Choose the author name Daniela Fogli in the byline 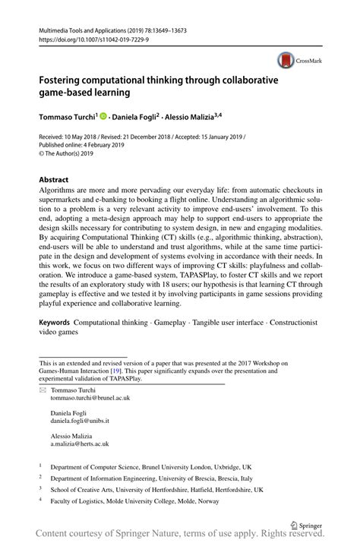pyautogui.click(x=134, y=118)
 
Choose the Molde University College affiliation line pyautogui.click(x=134, y=501)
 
